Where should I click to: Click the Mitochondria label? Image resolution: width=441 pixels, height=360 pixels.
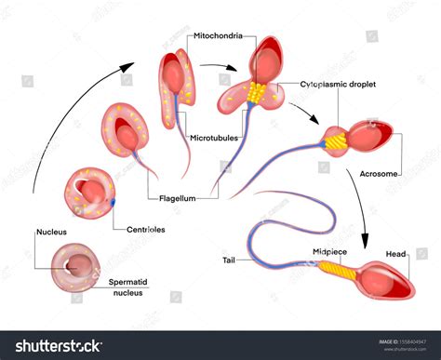pyautogui.click(x=218, y=36)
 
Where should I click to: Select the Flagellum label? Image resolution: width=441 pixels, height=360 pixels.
pyautogui.click(x=178, y=196)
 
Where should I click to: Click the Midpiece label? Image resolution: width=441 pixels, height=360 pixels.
pyautogui.click(x=331, y=251)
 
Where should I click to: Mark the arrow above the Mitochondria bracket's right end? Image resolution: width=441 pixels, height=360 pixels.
pyautogui.click(x=219, y=67)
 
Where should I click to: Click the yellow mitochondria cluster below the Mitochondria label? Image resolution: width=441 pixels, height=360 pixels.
pyautogui.click(x=254, y=91)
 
